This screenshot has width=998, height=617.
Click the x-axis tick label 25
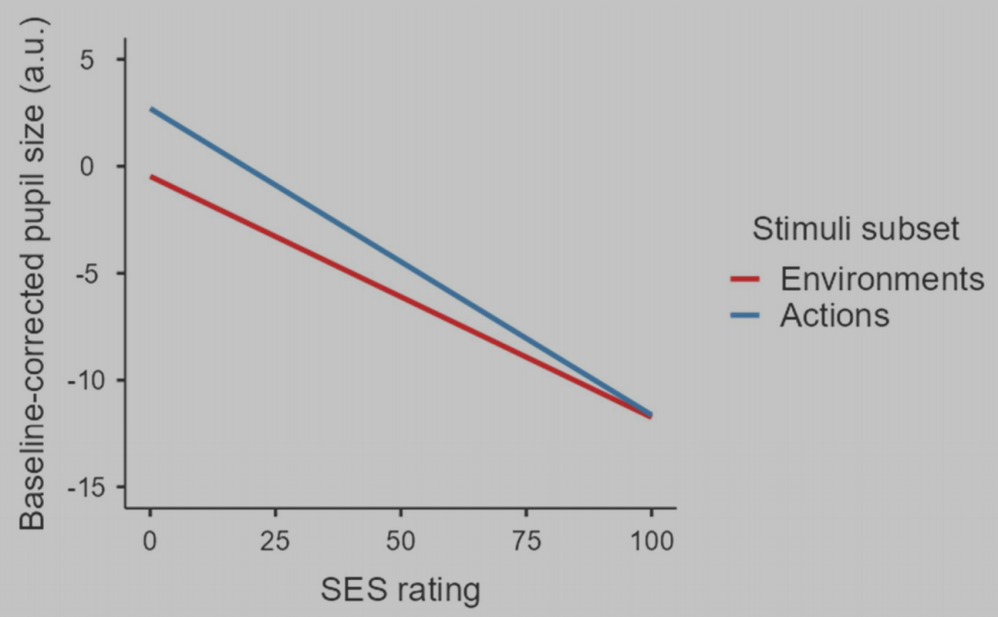tap(276, 541)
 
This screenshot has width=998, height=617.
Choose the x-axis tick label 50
tap(401, 541)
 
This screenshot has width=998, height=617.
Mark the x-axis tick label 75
tap(526, 541)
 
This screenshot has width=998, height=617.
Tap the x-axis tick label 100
tap(650, 541)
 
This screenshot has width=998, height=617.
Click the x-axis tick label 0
tap(151, 541)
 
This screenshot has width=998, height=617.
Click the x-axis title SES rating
tap(401, 590)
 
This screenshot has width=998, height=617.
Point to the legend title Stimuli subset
tap(856, 229)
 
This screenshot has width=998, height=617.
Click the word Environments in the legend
tap(882, 279)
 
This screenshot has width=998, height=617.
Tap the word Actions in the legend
tap(834, 316)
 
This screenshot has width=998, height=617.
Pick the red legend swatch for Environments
tap(745, 280)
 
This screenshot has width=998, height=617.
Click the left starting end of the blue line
tap(151, 109)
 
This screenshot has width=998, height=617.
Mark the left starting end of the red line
tap(151, 177)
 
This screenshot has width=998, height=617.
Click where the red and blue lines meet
tap(650, 415)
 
